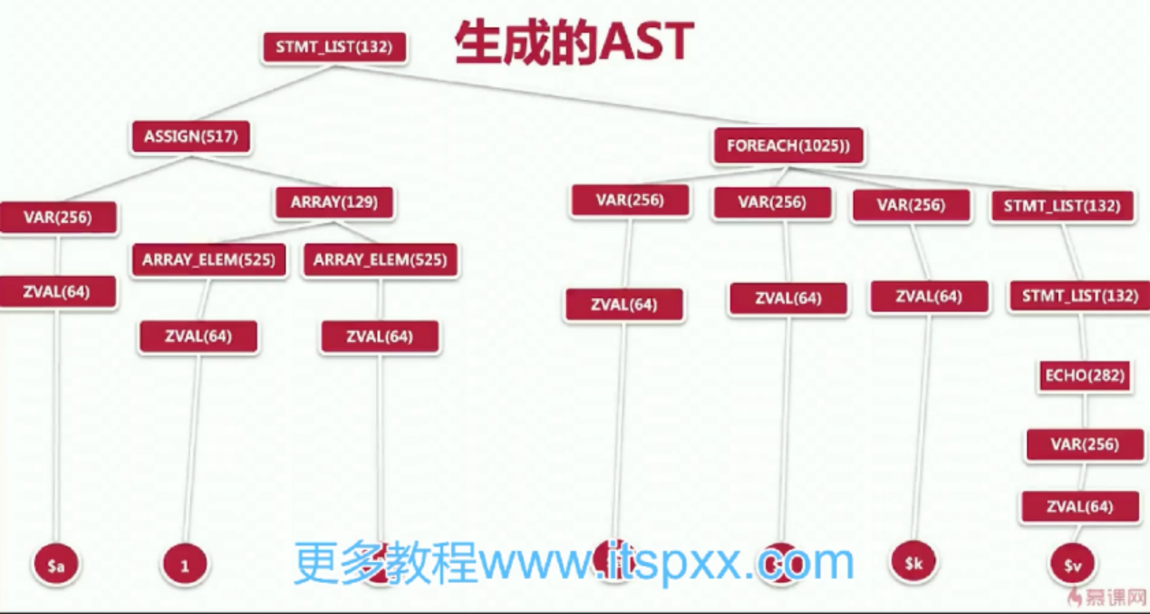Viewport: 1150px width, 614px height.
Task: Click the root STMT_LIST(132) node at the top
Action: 334,47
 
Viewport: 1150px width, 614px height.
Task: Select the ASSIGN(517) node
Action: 191,137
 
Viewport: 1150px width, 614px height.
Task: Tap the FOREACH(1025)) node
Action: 788,146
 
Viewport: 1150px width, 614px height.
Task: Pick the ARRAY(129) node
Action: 334,202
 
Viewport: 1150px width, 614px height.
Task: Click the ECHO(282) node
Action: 1084,376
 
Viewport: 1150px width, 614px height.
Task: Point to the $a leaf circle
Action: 56,565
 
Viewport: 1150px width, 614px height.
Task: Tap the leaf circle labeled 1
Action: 185,565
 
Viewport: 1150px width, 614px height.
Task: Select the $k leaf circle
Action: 914,563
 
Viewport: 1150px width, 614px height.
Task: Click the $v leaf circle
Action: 1073,565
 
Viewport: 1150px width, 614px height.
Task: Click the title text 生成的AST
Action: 574,43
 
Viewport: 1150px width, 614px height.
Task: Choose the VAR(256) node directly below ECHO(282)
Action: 1084,445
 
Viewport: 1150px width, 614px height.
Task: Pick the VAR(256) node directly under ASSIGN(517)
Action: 58,218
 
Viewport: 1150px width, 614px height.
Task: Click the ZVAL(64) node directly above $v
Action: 1080,507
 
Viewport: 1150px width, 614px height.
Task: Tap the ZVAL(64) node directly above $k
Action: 929,297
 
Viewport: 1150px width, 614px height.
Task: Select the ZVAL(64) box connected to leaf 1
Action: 198,336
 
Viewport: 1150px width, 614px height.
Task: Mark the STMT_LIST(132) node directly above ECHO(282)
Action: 1080,296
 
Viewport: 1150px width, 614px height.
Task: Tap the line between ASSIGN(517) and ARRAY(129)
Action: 261,172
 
